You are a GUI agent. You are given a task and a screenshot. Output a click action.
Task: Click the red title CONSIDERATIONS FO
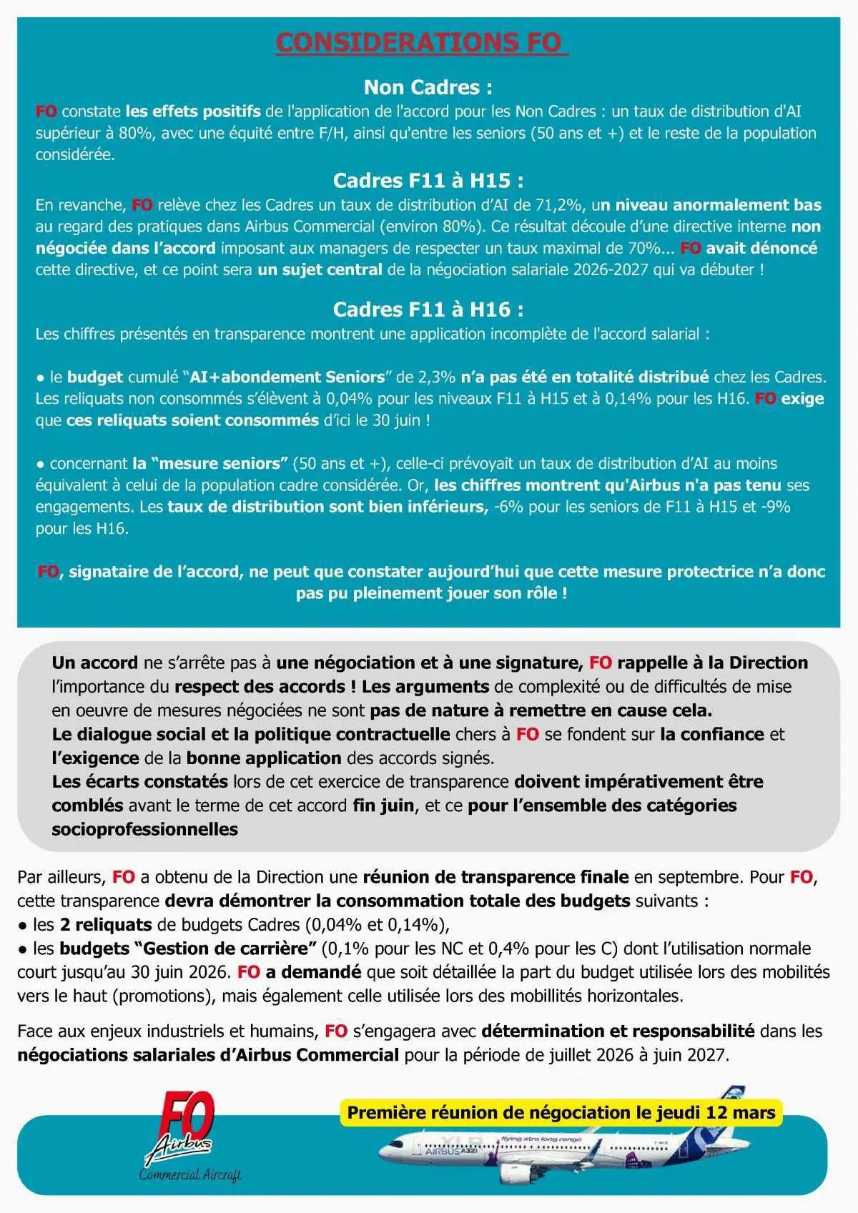click(x=422, y=42)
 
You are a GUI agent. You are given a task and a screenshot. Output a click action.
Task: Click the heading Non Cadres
click(x=428, y=87)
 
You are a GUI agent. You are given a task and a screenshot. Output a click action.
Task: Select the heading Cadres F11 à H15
click(x=428, y=180)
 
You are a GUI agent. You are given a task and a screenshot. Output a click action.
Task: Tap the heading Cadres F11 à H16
click(x=428, y=309)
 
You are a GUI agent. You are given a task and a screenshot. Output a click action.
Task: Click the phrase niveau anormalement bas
click(x=718, y=205)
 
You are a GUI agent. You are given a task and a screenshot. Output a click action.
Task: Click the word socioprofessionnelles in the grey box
click(x=144, y=829)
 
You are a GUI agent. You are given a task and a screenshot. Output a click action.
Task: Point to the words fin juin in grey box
click(x=383, y=806)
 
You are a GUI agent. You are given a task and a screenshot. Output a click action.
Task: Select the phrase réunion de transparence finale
click(x=495, y=877)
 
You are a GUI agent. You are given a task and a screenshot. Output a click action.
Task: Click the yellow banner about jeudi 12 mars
click(x=561, y=1113)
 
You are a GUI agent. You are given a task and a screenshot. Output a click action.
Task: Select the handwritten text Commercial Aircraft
click(x=190, y=1175)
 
